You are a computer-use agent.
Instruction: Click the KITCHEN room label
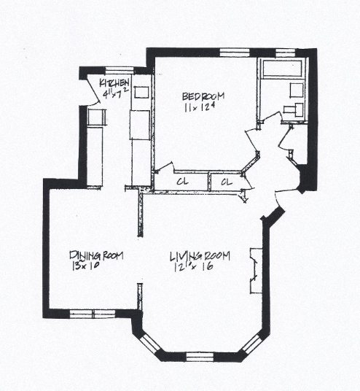(x=114, y=82)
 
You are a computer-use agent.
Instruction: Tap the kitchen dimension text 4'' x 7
(x=116, y=93)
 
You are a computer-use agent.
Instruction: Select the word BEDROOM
(x=203, y=96)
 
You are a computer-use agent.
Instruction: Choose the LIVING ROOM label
(x=200, y=256)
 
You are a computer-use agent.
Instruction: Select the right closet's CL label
(x=226, y=181)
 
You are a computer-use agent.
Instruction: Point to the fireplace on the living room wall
(x=254, y=271)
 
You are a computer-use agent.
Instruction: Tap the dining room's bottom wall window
(x=93, y=314)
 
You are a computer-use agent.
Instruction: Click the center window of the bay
(x=199, y=357)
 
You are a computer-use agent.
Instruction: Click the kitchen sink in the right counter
(x=141, y=92)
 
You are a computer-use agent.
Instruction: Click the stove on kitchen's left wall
(x=95, y=117)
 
